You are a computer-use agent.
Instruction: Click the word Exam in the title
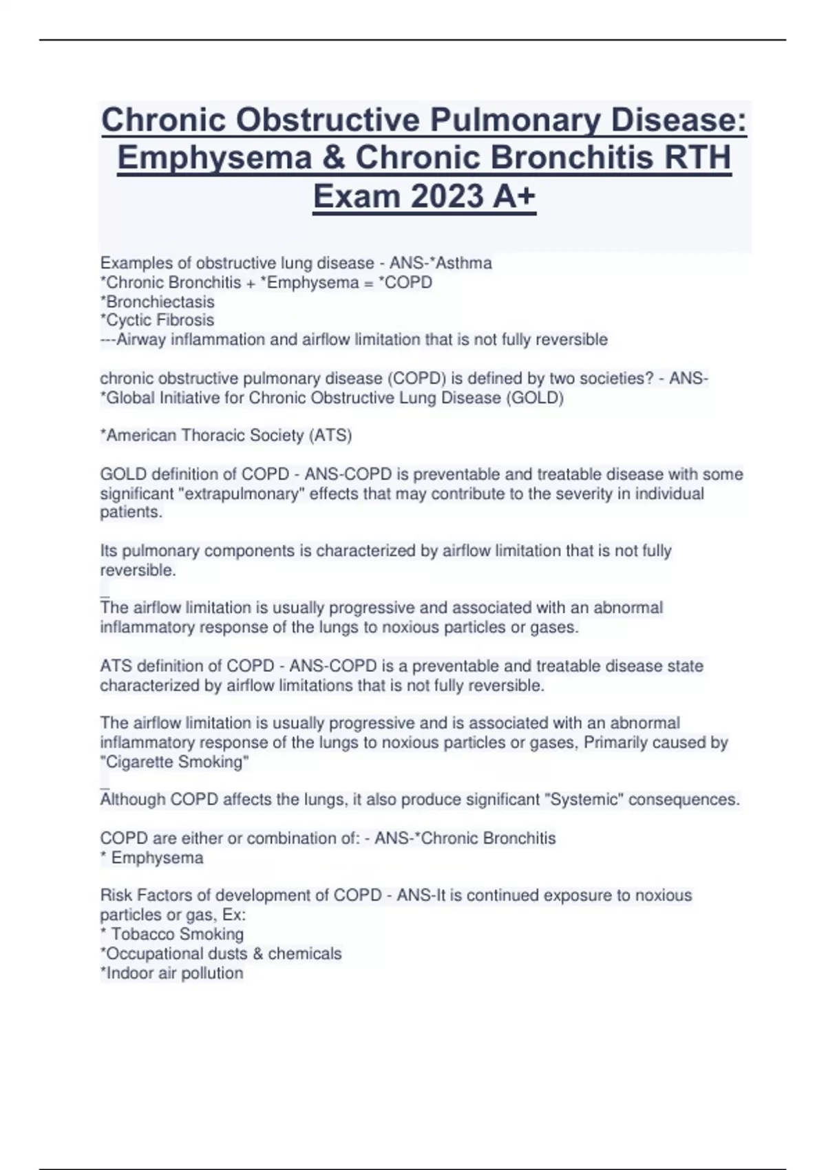click(357, 197)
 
